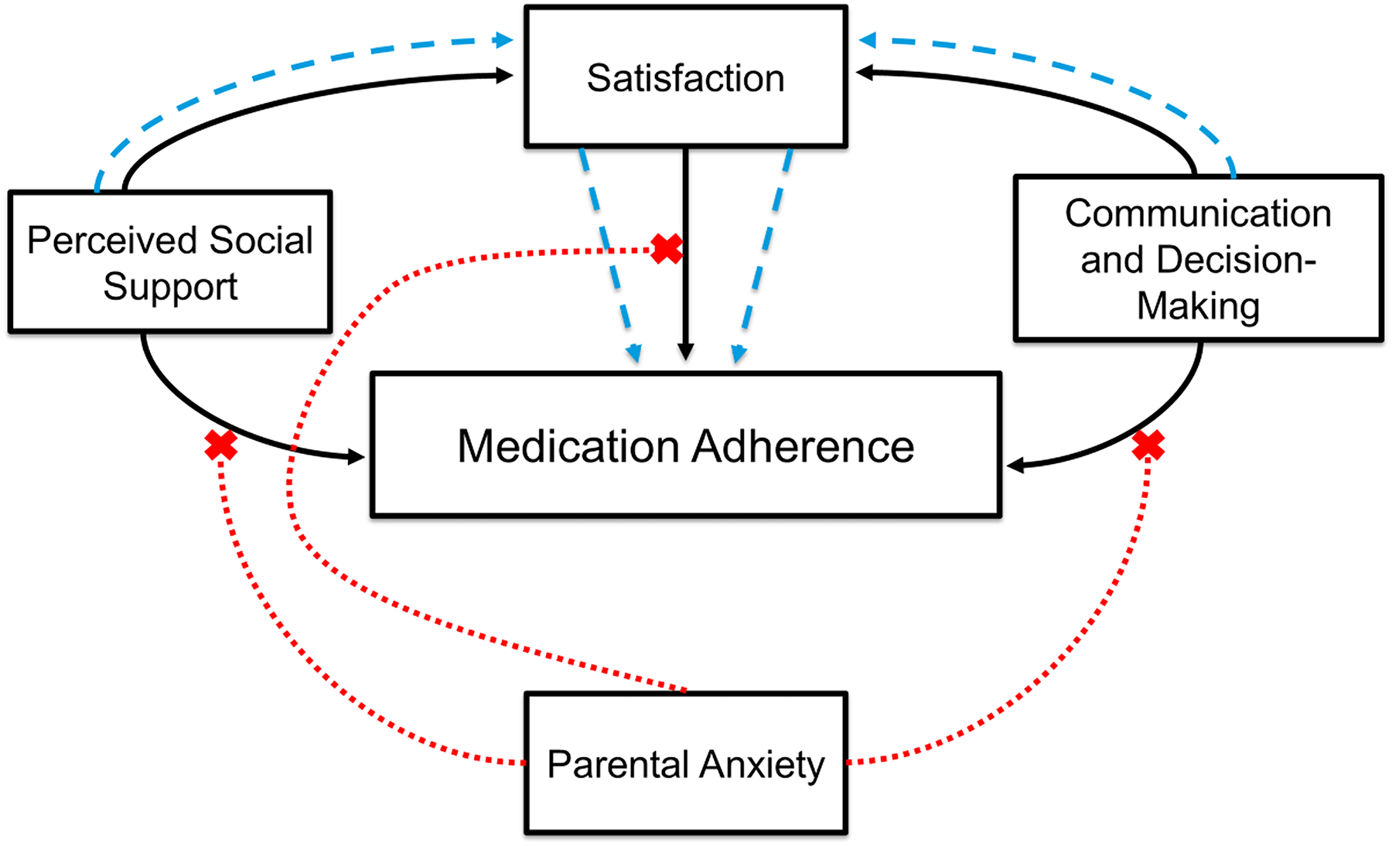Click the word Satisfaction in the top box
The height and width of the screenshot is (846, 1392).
tap(685, 78)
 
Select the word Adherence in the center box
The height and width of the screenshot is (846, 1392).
tap(803, 446)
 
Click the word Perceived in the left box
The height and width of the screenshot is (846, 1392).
tap(113, 240)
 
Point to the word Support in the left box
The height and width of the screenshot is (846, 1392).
tap(170, 288)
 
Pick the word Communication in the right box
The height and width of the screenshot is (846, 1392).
tap(1198, 213)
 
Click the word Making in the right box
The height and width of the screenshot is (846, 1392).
tap(1198, 306)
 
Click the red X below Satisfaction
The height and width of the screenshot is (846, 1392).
tap(667, 249)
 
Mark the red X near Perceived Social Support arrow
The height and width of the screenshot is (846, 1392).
tap(221, 445)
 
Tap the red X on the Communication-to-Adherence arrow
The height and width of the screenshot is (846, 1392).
tap(1148, 445)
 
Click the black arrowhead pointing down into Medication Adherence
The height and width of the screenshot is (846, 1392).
tap(685, 352)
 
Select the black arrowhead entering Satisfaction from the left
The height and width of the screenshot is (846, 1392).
tap(505, 76)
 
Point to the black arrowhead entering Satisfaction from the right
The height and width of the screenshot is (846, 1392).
tap(865, 73)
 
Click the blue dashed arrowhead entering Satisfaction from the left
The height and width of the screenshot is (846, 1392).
tap(505, 39)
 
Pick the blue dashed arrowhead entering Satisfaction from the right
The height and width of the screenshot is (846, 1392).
tap(868, 39)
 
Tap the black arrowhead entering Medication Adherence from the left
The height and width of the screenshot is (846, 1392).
tap(357, 457)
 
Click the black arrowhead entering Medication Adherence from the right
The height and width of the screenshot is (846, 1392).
tap(1016, 466)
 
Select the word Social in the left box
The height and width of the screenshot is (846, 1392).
tap(261, 240)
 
